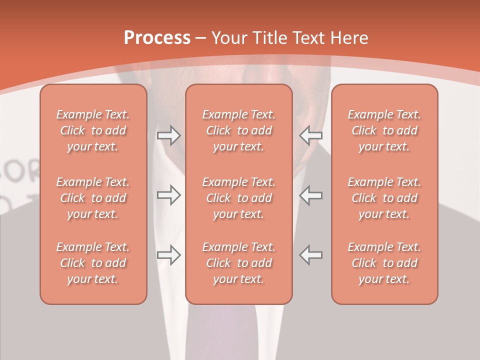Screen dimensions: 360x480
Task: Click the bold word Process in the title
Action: [157, 38]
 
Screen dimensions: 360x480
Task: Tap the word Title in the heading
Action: [270, 38]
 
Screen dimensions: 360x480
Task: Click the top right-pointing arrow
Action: [168, 135]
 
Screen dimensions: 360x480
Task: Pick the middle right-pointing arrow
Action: [168, 195]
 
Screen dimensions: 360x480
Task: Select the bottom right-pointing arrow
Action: [168, 255]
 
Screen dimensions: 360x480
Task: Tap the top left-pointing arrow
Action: [311, 135]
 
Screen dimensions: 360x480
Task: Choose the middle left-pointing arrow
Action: [311, 195]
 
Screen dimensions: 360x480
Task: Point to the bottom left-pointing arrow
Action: [311, 255]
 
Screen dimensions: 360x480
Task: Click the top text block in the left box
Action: [93, 130]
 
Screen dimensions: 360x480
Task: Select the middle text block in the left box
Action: [93, 198]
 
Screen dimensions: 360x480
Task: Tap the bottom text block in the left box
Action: [93, 263]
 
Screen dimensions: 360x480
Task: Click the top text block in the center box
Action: [238, 130]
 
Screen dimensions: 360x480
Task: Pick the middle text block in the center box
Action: [238, 198]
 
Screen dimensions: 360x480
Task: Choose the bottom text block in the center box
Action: [238, 263]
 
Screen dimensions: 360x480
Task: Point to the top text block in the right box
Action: [384, 130]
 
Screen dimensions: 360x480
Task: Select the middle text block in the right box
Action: [384, 198]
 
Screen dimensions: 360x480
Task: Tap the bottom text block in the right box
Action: [384, 263]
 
